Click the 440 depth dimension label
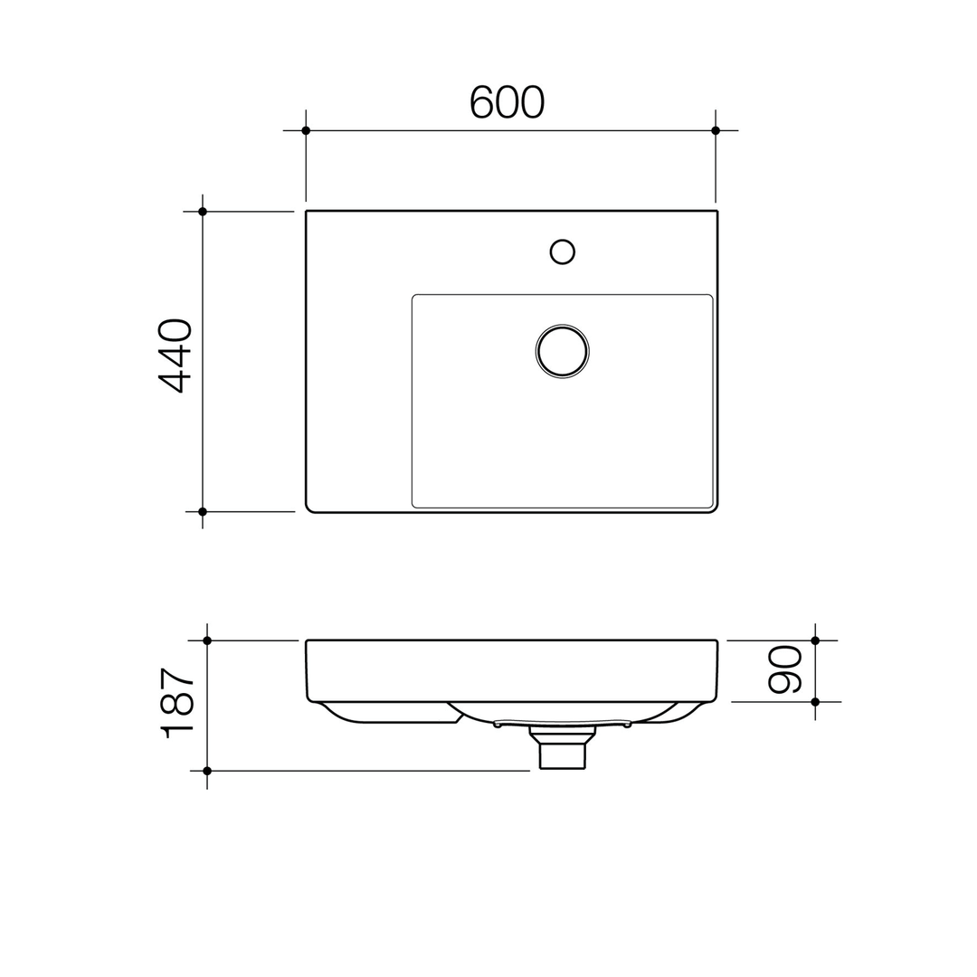coord(175,355)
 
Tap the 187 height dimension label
coord(177,703)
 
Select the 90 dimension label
coord(785,670)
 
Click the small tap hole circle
coord(563,251)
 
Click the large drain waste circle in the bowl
coord(563,351)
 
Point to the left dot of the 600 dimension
coord(306,130)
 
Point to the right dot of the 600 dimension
coord(716,130)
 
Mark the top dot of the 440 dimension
coord(203,212)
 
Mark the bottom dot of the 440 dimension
coord(203,512)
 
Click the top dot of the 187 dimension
coord(207,640)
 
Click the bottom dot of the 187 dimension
coord(207,771)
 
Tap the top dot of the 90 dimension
coord(815,640)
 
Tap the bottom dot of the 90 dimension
coord(815,702)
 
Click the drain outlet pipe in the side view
coord(562,754)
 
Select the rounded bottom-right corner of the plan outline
coord(714,508)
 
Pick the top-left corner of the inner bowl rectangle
coord(414,297)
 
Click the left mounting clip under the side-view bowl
coord(498,725)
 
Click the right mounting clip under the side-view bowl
coord(627,725)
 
